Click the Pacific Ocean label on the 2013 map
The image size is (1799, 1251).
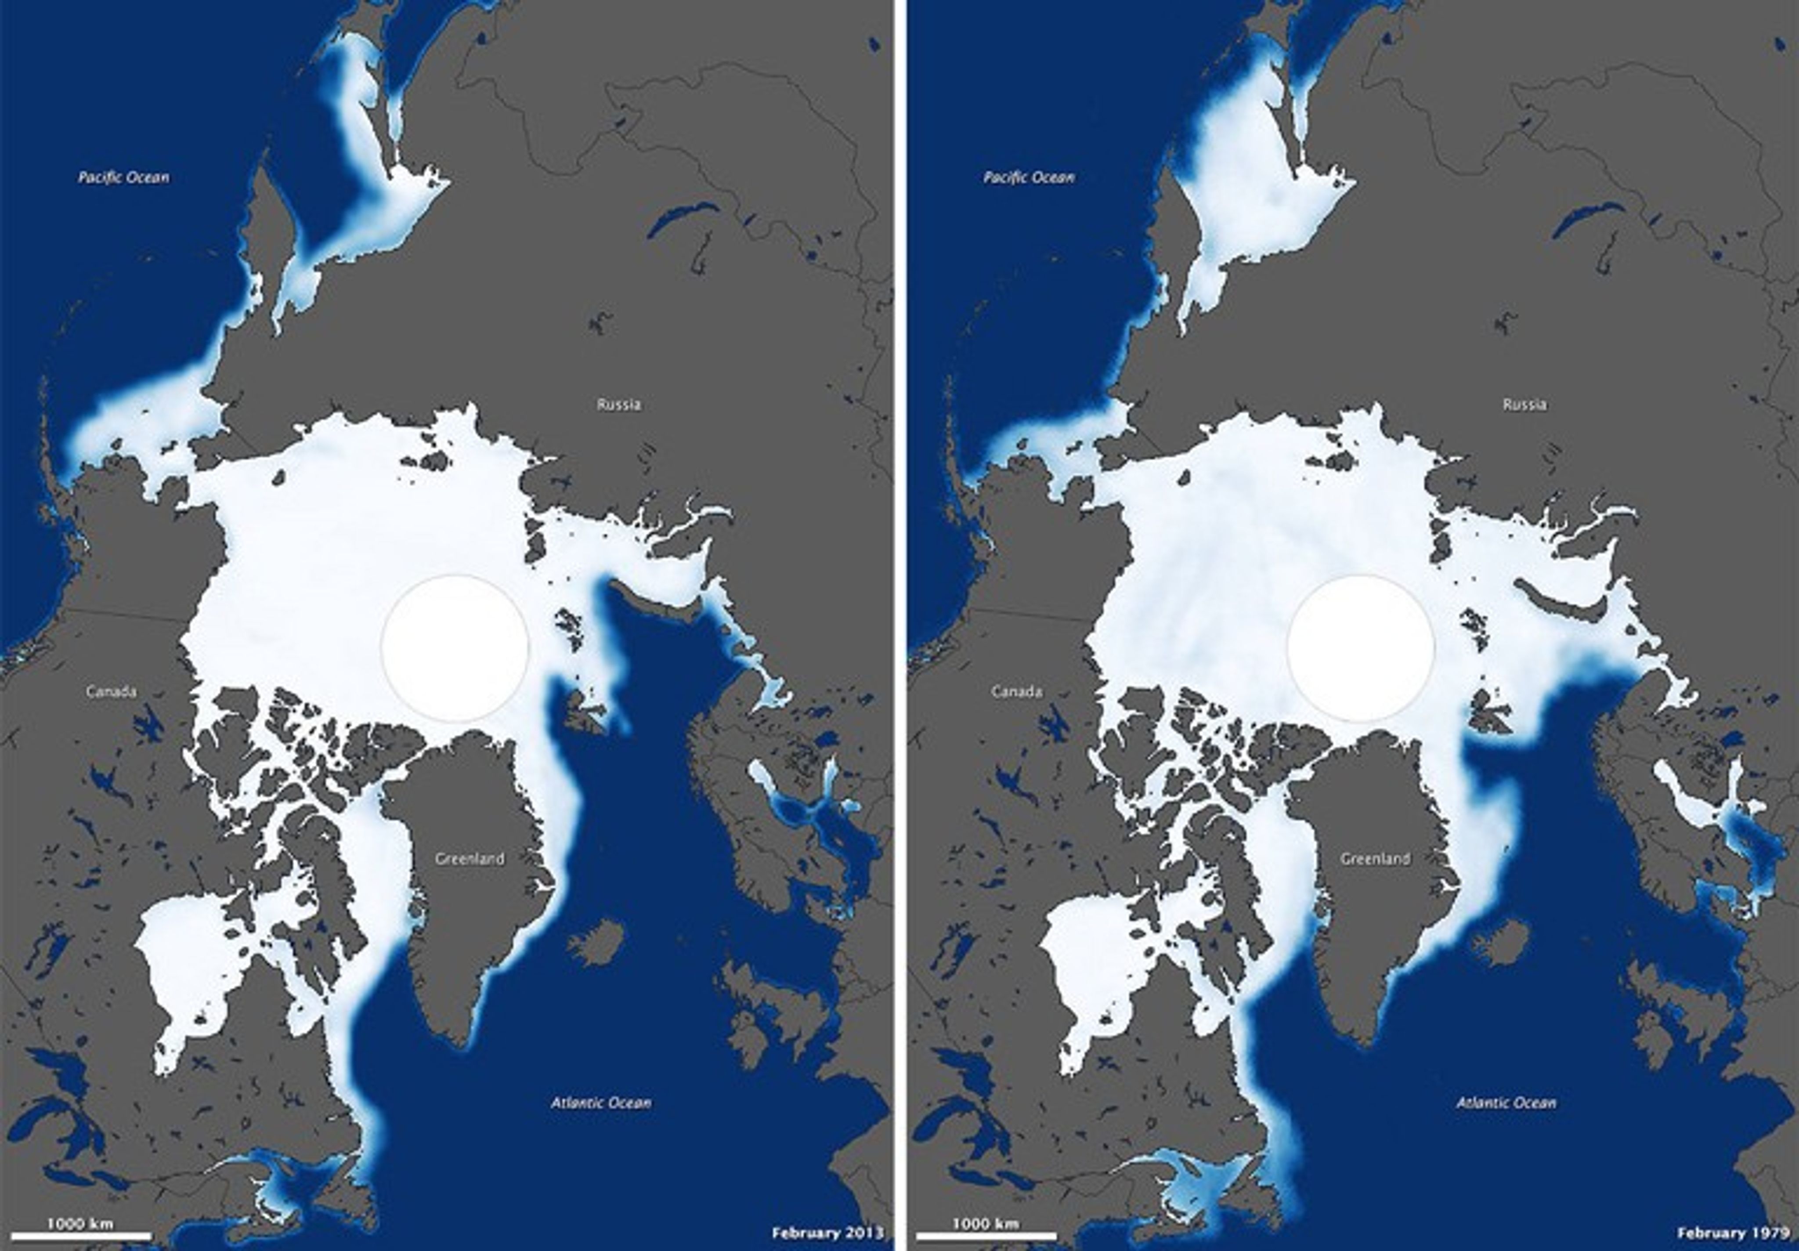click(123, 177)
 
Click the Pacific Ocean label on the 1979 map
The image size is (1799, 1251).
click(1029, 177)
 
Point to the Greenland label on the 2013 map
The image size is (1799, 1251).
click(470, 858)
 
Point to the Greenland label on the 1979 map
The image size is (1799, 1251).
click(1375, 858)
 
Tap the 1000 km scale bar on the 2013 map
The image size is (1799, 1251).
click(82, 1235)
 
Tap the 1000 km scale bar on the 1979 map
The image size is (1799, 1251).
click(987, 1235)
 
